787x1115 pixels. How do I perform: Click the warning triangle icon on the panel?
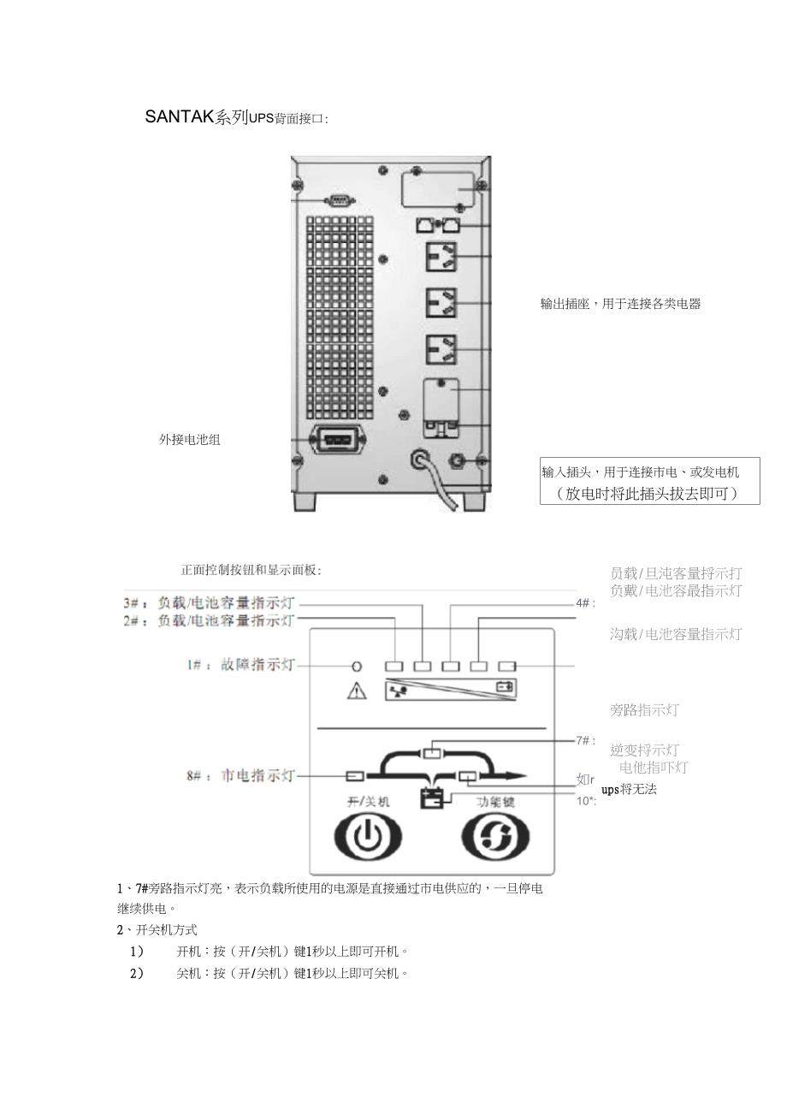(x=356, y=691)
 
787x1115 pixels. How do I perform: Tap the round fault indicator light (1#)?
(x=358, y=666)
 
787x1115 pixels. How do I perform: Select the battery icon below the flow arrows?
(x=432, y=798)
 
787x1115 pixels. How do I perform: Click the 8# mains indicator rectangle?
(x=355, y=776)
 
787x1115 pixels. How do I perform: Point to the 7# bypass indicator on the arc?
(x=434, y=753)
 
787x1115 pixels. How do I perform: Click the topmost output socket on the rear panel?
(x=441, y=256)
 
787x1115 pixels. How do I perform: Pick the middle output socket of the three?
(x=441, y=302)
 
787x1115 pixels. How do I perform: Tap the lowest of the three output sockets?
(x=441, y=348)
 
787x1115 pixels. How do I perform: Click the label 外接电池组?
(x=189, y=440)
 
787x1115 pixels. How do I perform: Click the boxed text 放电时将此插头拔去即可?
(x=649, y=494)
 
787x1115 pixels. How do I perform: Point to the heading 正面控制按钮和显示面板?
(x=251, y=570)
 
